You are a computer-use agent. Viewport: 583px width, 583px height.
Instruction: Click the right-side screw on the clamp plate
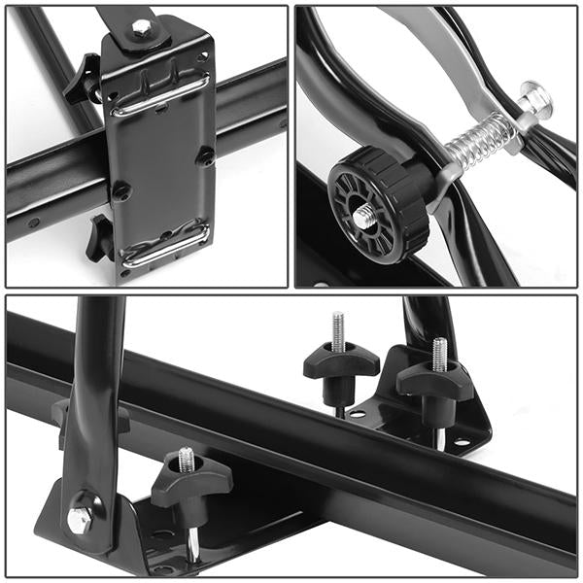(x=205, y=154)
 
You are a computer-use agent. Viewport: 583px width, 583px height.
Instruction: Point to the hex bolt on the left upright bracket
(x=81, y=519)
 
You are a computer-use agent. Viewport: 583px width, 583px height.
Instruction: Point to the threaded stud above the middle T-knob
(x=338, y=330)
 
